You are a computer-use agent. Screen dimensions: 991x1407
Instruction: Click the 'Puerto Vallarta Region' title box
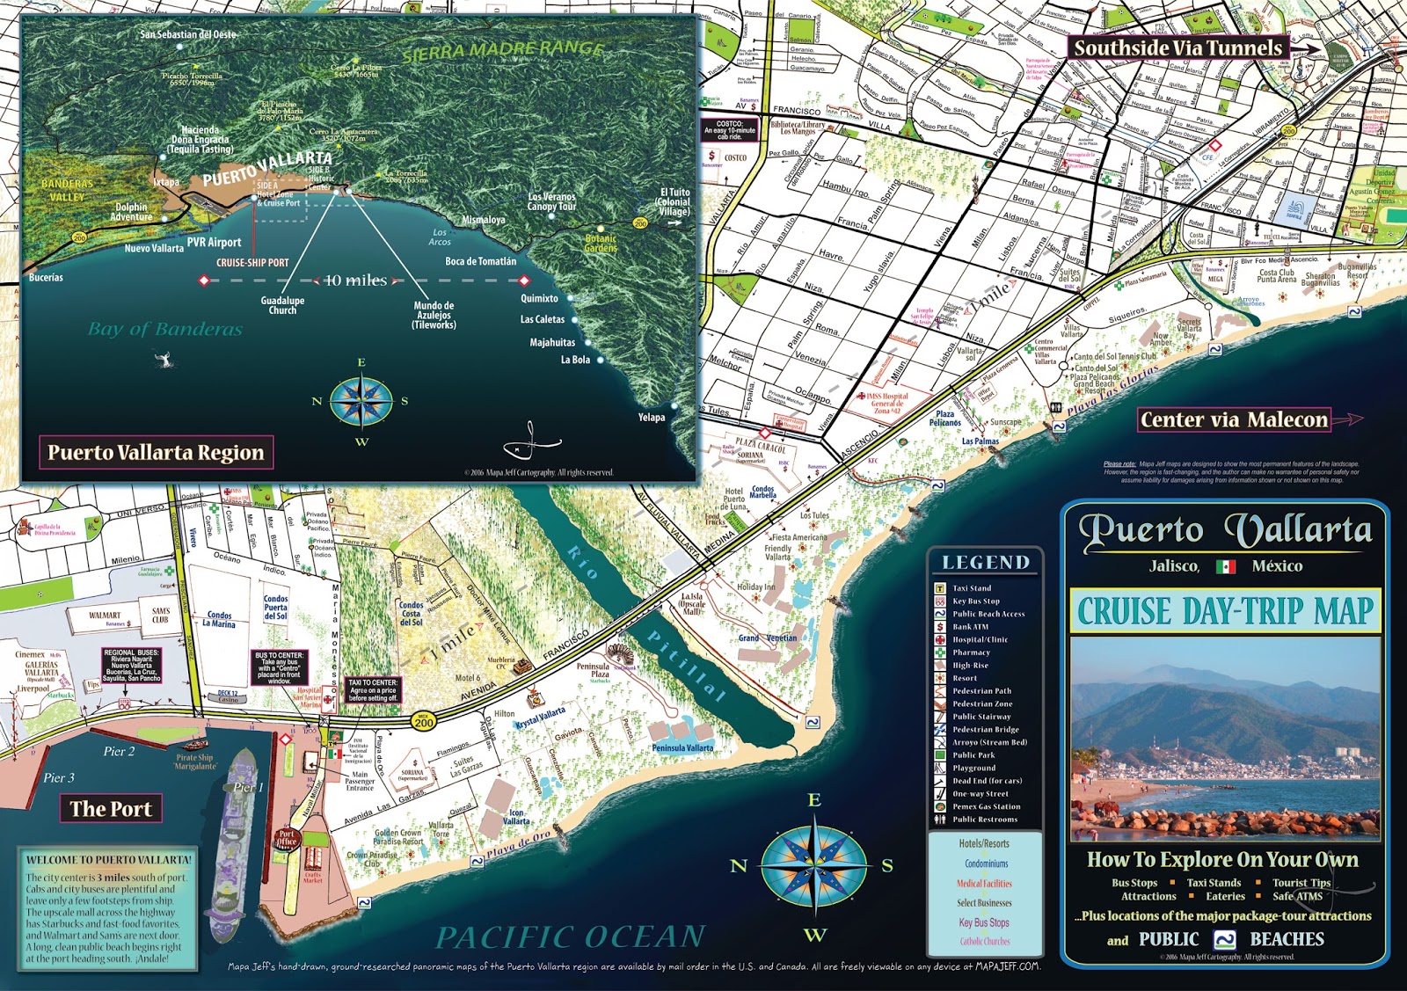point(156,453)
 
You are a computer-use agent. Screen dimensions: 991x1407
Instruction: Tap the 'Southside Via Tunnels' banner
point(1178,47)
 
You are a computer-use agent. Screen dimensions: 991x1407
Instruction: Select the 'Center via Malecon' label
point(1234,420)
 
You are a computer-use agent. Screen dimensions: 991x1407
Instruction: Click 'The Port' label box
point(111,809)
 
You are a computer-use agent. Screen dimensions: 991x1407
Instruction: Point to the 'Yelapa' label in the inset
point(652,418)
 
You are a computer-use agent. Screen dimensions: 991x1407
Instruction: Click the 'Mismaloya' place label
point(484,220)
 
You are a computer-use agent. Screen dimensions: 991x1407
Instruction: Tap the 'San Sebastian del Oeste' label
point(188,34)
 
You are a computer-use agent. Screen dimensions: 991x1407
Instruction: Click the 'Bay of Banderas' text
point(164,330)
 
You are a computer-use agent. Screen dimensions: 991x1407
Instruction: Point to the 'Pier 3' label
point(59,777)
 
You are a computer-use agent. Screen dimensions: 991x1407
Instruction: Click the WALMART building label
point(105,616)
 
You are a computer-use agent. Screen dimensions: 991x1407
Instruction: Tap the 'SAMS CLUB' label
point(160,615)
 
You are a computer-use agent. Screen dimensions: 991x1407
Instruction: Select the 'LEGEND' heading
point(986,563)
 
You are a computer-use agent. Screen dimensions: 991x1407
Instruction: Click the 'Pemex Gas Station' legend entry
point(986,806)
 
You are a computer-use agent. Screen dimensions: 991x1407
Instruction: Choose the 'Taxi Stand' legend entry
point(972,588)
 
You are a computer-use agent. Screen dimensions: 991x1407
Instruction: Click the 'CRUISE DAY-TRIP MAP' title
point(1225,611)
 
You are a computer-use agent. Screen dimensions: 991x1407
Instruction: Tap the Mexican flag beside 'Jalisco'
point(1226,567)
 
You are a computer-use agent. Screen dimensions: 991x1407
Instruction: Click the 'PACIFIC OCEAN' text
point(571,937)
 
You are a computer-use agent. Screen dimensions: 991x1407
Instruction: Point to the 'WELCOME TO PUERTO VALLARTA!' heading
point(108,860)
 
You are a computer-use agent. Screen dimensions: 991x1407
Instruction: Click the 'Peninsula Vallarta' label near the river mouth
point(682,748)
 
